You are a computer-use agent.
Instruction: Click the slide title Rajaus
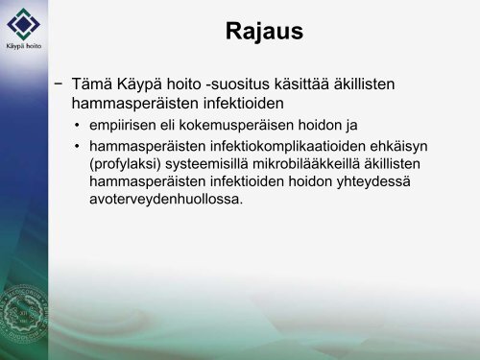point(264,34)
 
